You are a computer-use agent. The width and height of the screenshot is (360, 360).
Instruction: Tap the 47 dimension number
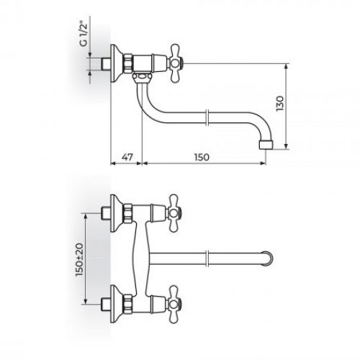126,155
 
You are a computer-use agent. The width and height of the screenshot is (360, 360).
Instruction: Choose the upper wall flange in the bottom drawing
114,211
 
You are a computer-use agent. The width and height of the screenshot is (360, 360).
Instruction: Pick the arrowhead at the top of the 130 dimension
287,66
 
